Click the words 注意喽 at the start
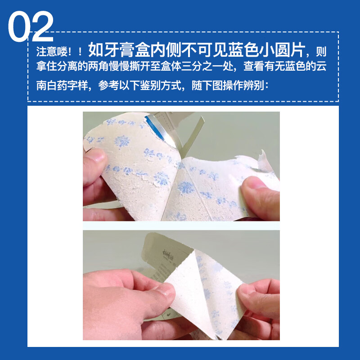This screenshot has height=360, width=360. coord(51,50)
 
